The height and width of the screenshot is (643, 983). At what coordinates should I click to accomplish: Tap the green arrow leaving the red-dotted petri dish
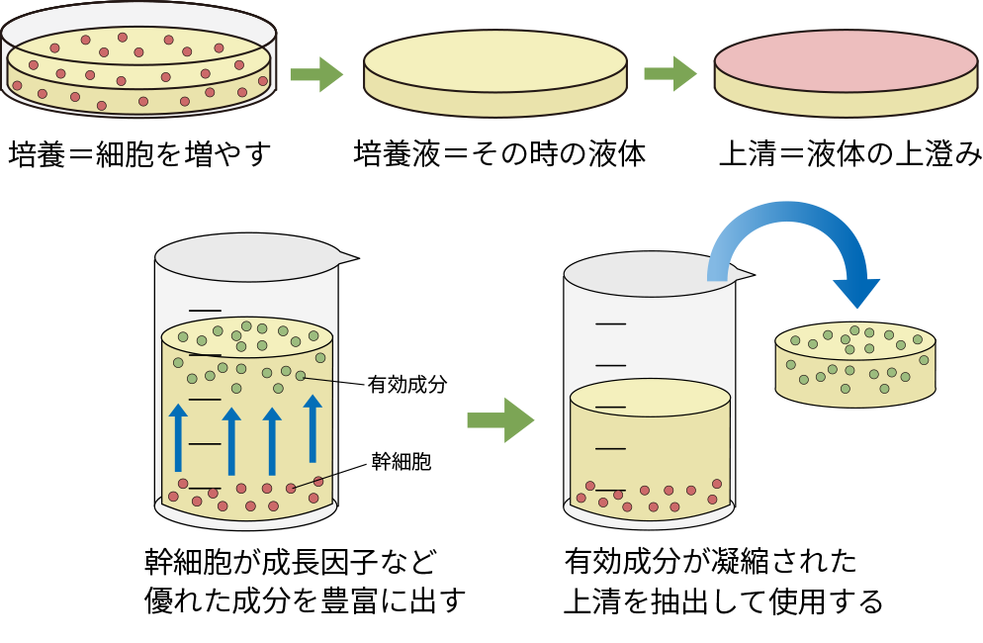(x=315, y=74)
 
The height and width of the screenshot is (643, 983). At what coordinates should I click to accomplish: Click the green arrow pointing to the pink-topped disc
(x=670, y=73)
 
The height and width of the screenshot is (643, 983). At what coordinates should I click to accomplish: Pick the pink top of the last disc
(x=846, y=60)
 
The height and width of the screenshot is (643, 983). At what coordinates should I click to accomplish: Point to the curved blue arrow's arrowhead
(x=855, y=292)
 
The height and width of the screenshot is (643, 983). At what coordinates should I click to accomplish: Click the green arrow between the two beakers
(x=500, y=420)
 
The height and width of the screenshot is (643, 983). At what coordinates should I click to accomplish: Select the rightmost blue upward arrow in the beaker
(x=313, y=428)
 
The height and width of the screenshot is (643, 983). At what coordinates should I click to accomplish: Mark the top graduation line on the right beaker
(x=610, y=323)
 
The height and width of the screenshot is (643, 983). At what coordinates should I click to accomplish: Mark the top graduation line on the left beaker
(x=205, y=311)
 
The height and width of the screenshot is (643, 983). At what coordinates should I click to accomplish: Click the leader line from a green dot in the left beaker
(x=320, y=379)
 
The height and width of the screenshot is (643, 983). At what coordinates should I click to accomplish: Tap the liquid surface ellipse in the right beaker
(x=650, y=398)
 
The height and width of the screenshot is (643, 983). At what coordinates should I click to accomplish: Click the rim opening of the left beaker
(x=246, y=257)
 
